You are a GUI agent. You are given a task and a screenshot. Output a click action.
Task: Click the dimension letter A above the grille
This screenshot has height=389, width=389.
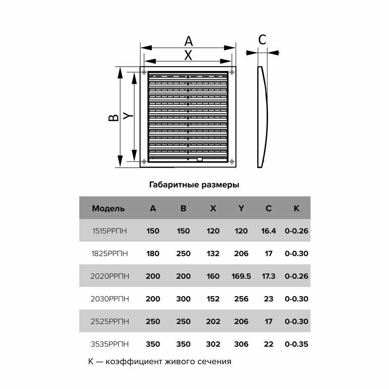[189, 40]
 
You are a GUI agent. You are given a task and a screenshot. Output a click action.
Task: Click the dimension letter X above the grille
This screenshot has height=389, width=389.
[188, 55]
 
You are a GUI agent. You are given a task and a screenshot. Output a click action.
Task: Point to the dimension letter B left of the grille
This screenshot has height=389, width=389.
[112, 117]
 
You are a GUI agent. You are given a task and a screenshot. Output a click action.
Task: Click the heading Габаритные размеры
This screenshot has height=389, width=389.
[193, 185]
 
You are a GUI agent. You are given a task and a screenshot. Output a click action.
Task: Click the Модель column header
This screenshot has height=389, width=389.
[108, 209]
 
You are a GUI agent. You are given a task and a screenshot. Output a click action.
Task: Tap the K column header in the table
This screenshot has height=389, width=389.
[297, 209]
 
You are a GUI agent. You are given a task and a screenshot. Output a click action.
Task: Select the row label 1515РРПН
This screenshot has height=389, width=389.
[109, 231]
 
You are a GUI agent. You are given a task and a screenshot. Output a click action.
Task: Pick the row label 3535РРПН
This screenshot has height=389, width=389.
[110, 344]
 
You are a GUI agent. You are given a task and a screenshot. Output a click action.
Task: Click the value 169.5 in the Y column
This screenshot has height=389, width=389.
[241, 276]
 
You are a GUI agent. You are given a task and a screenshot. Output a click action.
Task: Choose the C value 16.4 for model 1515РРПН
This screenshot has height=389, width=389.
[268, 231]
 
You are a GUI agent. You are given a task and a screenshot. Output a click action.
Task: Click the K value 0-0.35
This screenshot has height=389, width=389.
[297, 344]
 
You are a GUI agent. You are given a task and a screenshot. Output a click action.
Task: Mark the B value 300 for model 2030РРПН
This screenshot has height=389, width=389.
[183, 299]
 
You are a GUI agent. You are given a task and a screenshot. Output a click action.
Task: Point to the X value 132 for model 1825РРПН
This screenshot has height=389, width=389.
[213, 253]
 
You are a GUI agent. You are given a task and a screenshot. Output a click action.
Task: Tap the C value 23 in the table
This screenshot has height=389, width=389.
[268, 299]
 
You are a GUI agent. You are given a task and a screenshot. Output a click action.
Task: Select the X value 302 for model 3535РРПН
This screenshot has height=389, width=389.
[213, 344]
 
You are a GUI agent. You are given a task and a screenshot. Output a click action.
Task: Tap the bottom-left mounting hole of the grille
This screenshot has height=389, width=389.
[145, 161]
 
